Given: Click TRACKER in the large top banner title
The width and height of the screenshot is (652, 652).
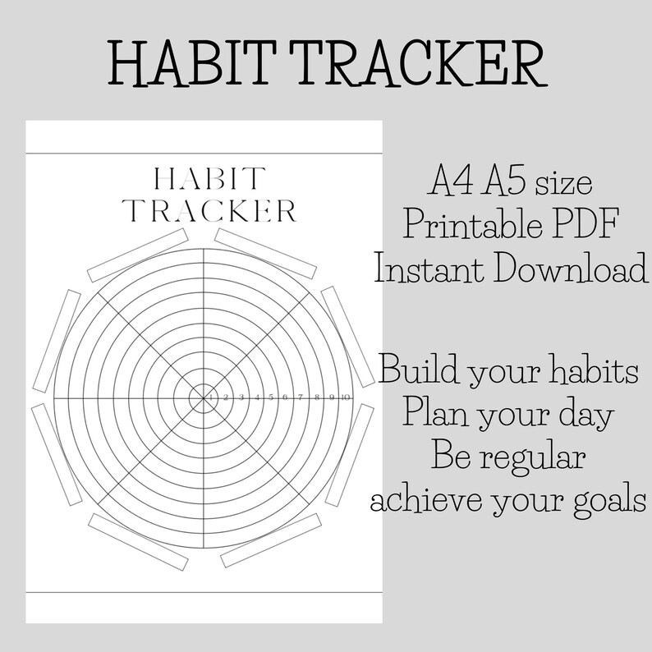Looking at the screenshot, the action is click(418, 63).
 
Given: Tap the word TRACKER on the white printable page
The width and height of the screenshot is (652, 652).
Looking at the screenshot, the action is click(209, 211).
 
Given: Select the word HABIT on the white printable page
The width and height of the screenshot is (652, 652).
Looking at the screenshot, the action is click(209, 178).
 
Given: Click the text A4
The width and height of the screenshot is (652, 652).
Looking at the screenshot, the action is click(450, 181).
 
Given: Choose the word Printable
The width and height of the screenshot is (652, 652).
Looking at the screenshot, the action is click(472, 223).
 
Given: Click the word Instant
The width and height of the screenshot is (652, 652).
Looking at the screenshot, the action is click(429, 268).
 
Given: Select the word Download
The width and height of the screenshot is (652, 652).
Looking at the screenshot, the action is click(571, 268).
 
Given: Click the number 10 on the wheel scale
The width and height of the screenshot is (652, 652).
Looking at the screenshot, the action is click(345, 397).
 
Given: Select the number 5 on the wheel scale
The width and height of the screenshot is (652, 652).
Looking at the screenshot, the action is click(271, 397).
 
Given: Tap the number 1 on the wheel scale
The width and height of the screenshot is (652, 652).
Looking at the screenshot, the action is click(211, 397).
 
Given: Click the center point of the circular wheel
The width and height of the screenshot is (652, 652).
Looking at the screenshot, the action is click(204, 398).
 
